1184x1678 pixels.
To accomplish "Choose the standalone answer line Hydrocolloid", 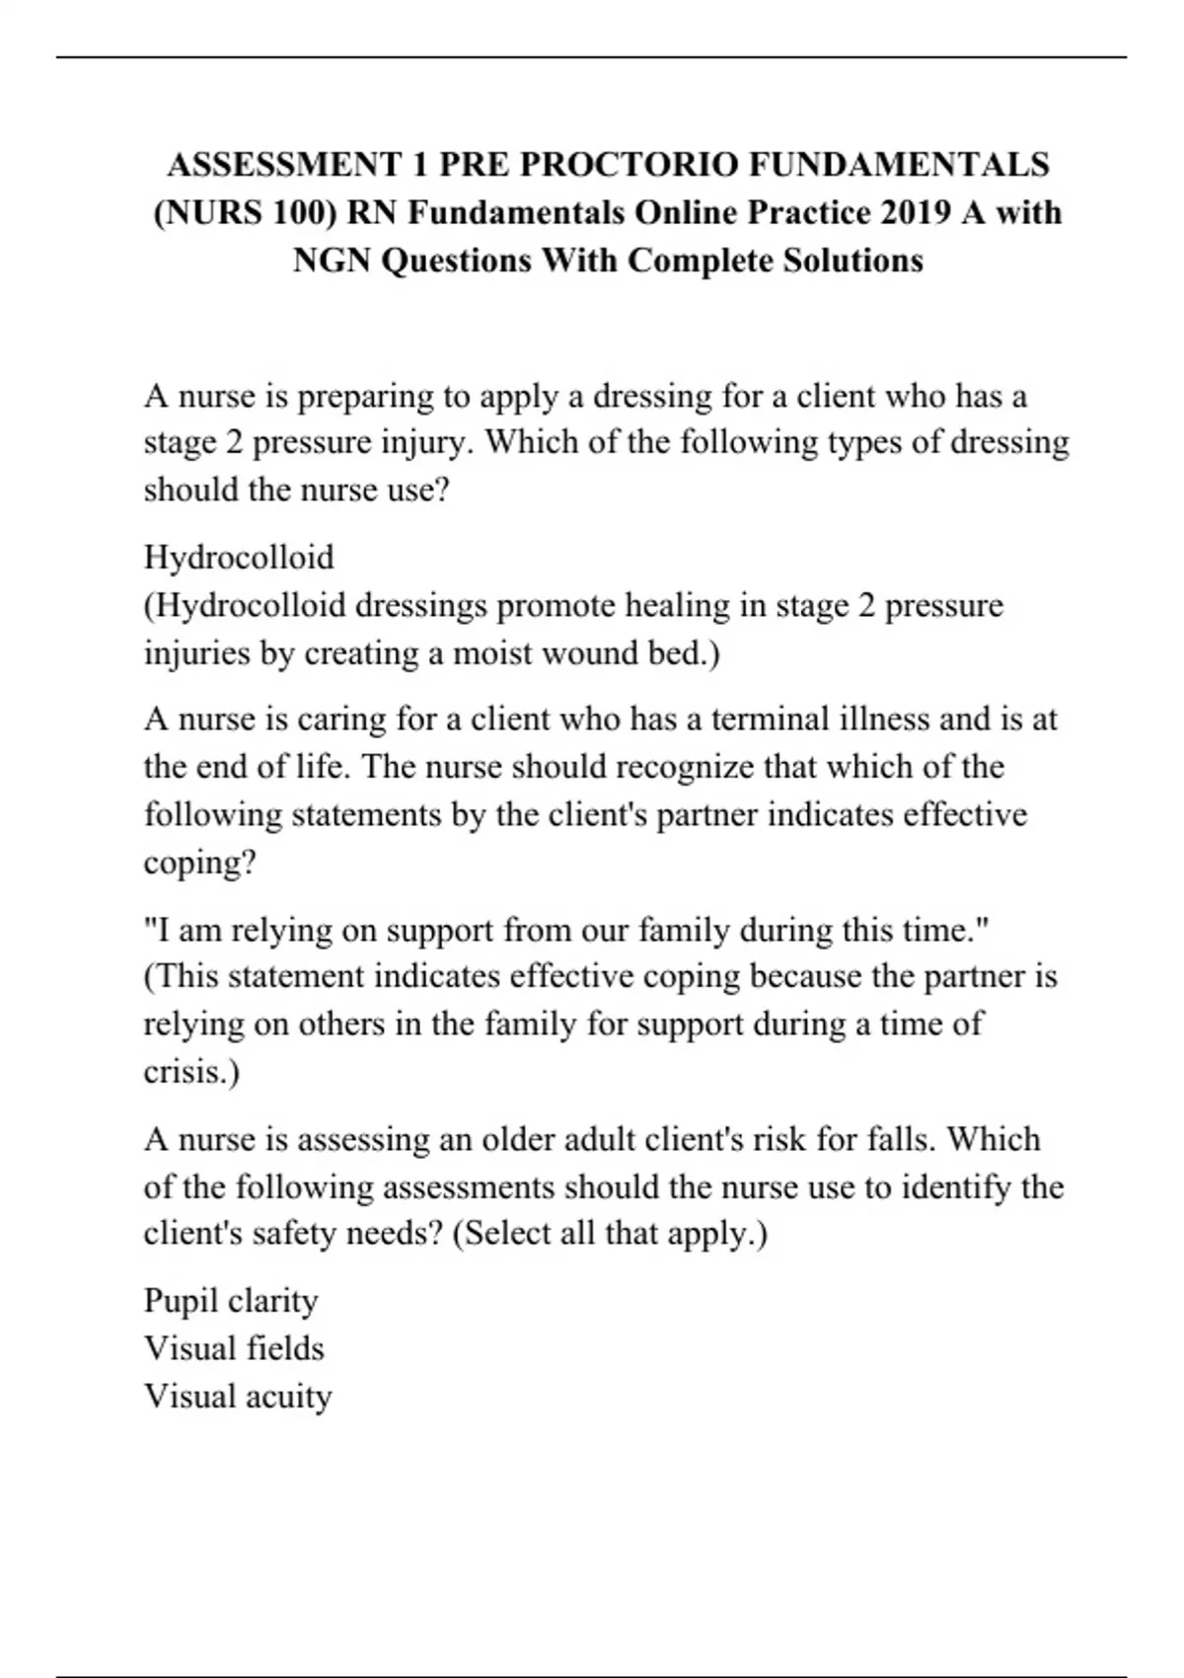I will (x=239, y=558).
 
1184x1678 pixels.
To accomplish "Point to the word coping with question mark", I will (x=199, y=863).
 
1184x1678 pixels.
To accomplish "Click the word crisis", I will (x=191, y=1072).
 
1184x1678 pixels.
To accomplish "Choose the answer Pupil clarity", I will (x=231, y=1301).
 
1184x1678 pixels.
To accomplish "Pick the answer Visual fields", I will (x=234, y=1348).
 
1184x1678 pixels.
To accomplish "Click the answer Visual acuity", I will (x=238, y=1397).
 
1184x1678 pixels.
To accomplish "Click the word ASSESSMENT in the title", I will (x=285, y=164).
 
